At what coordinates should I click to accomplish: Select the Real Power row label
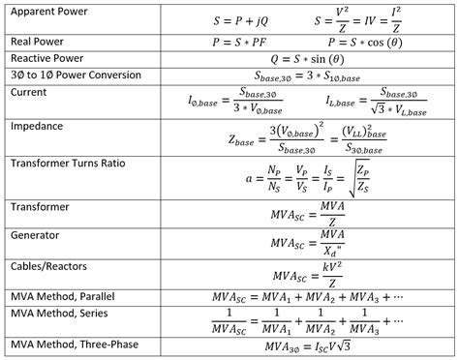point(38,42)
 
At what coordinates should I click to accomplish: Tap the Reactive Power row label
point(47,58)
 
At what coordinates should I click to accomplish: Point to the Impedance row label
point(38,126)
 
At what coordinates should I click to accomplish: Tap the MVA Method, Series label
point(56,314)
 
